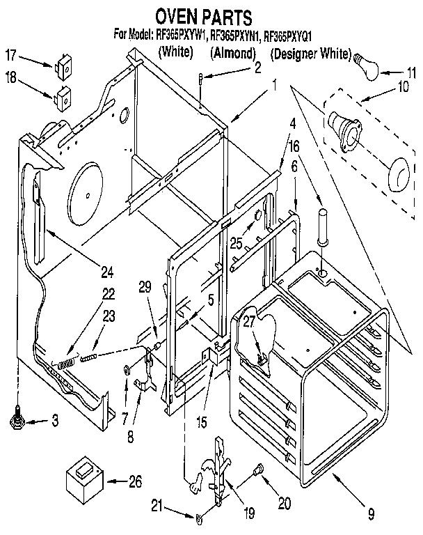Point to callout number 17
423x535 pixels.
coord(11,54)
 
